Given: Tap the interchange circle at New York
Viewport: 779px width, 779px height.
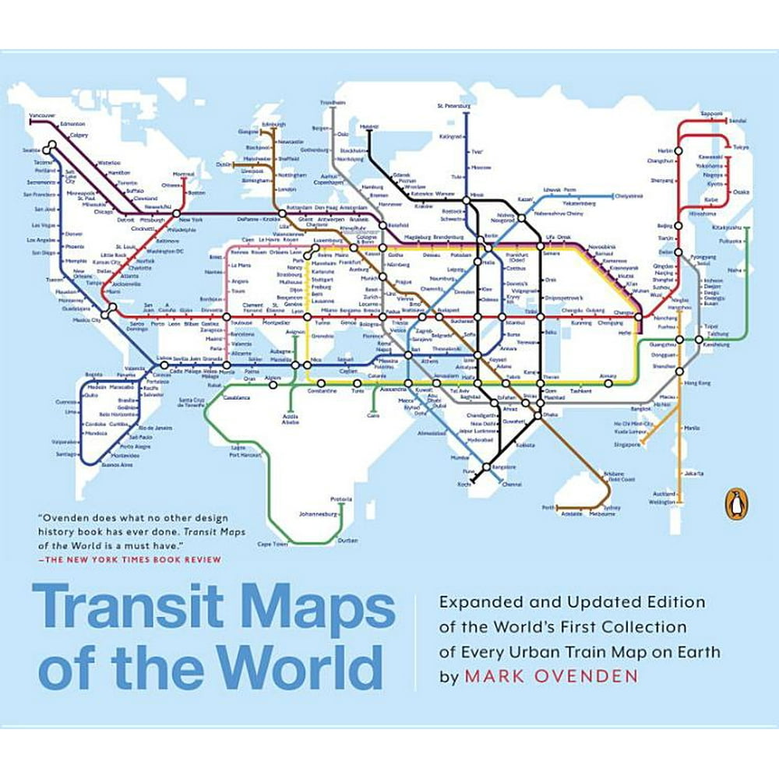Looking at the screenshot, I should [x=177, y=212].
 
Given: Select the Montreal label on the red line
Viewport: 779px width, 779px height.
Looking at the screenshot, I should [x=183, y=174].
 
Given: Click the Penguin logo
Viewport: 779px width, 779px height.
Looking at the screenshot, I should [x=735, y=507].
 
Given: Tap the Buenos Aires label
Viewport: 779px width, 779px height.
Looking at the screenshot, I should [x=117, y=464].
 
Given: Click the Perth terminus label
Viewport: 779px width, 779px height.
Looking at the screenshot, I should [x=548, y=507].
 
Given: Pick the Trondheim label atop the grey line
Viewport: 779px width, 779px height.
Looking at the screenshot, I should [x=333, y=102].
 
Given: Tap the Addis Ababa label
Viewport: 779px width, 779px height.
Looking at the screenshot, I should [x=290, y=420].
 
